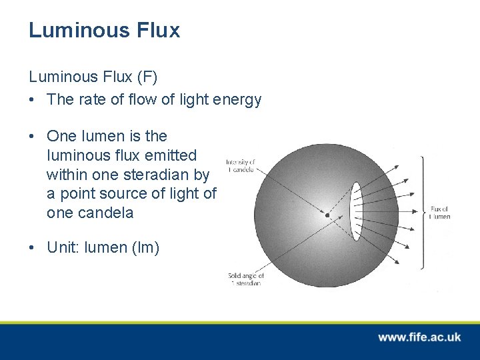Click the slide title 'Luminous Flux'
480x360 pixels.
coord(104,30)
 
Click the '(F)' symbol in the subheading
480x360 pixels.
coord(147,77)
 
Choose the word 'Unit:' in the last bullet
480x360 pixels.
coord(64,247)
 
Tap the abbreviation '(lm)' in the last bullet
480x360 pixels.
coord(145,247)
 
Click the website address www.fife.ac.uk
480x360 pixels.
coord(419,337)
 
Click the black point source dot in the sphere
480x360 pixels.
coord(327,215)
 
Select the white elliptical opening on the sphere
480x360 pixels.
coord(356,211)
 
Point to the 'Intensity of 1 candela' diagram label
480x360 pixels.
coord(240,166)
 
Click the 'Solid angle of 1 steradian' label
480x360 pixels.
coord(246,279)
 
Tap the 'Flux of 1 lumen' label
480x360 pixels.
coord(440,213)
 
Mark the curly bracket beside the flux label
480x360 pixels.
coord(423,212)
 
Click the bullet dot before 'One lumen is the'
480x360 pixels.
coord(32,136)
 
